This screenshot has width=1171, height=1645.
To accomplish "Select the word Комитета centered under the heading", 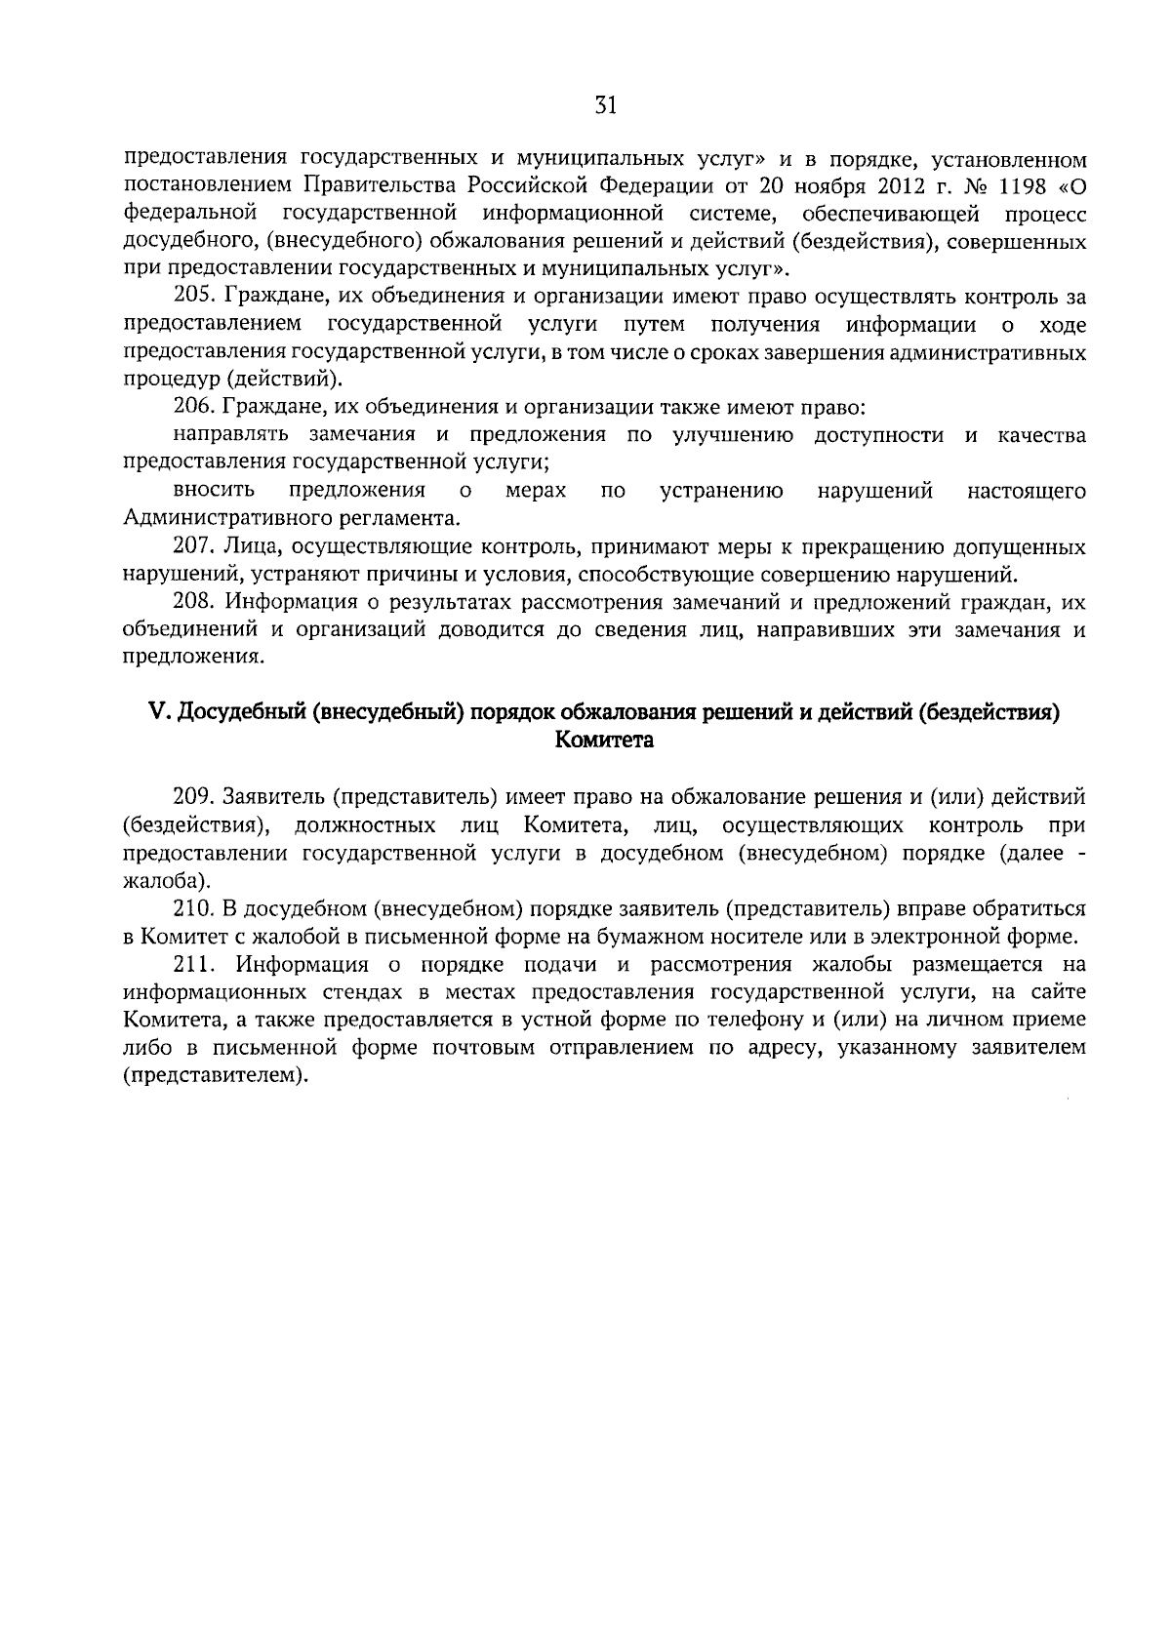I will click(604, 740).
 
